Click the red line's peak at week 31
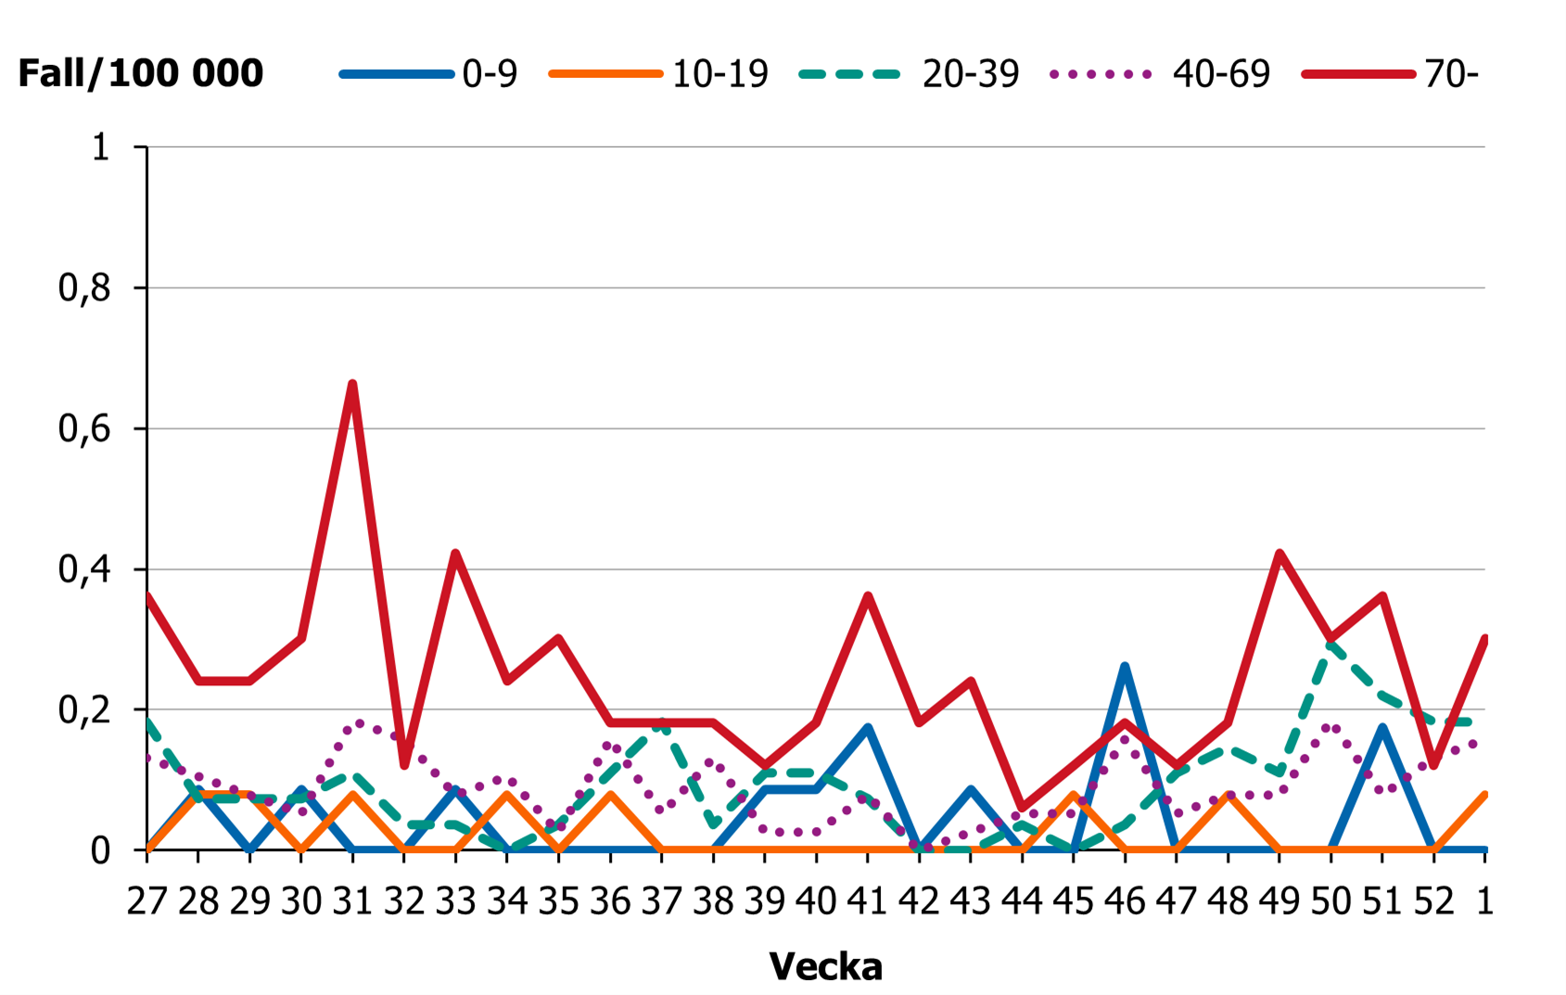[x=353, y=384]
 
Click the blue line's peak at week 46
[x=1125, y=667]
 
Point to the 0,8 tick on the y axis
[x=84, y=288]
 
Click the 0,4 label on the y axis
[x=84, y=569]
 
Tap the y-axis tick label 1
[x=101, y=147]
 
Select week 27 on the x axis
[x=146, y=900]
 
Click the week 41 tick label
[x=867, y=900]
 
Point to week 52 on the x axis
[x=1433, y=900]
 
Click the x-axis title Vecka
[x=825, y=966]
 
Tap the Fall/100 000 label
[x=141, y=73]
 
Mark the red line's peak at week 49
[x=1280, y=554]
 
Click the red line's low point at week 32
[x=404, y=764]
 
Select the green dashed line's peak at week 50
[x=1330, y=643]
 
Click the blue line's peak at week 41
[x=868, y=728]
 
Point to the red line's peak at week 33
[x=455, y=554]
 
